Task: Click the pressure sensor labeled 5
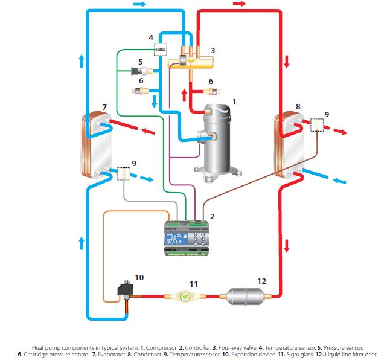pyautogui.click(x=138, y=72)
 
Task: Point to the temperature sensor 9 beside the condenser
pyautogui.click(x=316, y=126)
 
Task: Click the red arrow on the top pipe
pyautogui.click(x=240, y=4)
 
